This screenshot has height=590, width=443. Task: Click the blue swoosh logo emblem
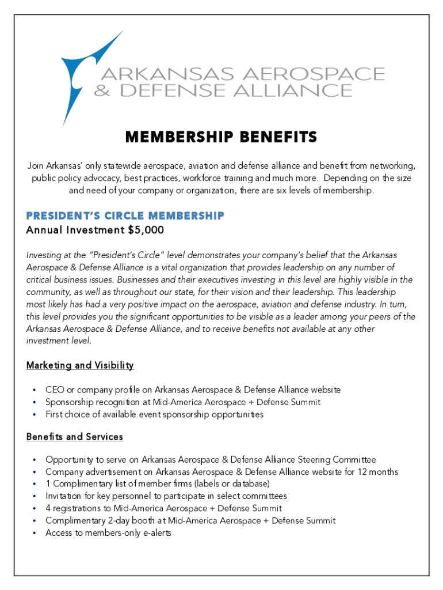tap(86, 72)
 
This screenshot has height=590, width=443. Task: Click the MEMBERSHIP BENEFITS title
tap(221, 137)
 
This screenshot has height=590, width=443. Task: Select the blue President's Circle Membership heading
tap(125, 216)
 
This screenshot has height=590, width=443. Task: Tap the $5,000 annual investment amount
tap(146, 230)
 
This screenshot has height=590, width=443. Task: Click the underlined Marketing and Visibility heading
tap(80, 365)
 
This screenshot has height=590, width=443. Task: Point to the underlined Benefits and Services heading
tap(75, 437)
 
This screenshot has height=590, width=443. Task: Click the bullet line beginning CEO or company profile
tap(193, 390)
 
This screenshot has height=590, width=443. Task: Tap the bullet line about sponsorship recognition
tap(183, 402)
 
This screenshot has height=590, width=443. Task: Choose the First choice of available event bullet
tap(154, 414)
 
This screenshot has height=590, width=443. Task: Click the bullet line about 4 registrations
tap(163, 508)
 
